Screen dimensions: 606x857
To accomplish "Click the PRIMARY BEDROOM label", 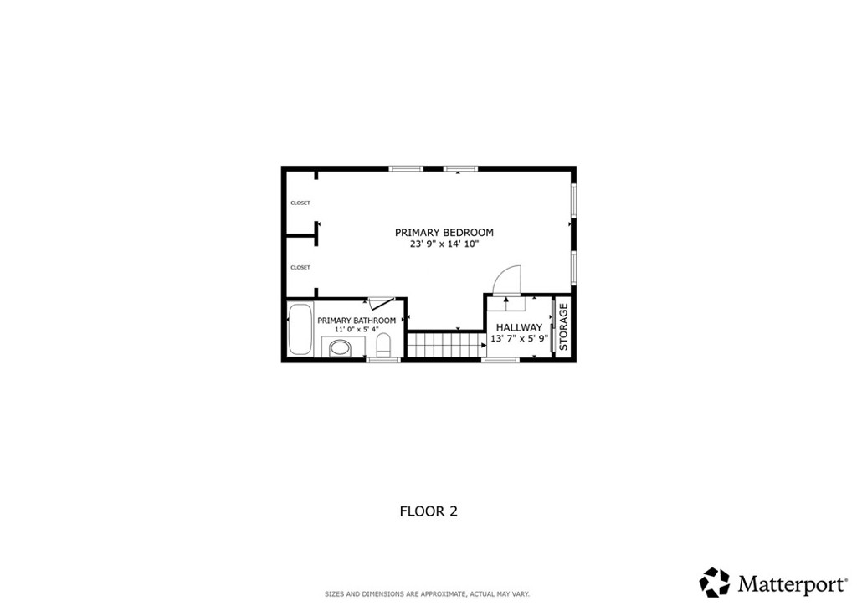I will click(x=444, y=233).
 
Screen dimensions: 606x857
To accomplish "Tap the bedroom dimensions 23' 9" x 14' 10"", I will click(x=444, y=244).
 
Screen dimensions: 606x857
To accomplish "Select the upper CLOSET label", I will click(x=300, y=203).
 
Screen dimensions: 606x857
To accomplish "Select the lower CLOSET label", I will click(x=300, y=268).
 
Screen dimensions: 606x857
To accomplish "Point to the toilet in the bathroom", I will click(x=384, y=344).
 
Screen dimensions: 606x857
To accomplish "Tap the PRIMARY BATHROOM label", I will click(x=357, y=321).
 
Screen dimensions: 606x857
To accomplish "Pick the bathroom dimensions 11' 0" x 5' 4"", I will click(x=357, y=330).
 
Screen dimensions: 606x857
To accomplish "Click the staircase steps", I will click(x=445, y=343).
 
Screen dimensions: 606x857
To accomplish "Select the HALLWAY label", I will click(x=519, y=327).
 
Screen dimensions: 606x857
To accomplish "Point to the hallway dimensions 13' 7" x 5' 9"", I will click(x=519, y=339).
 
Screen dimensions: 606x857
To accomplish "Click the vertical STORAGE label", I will click(x=563, y=326).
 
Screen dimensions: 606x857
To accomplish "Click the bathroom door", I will click(x=382, y=303).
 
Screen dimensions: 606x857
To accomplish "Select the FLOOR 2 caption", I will click(x=428, y=511).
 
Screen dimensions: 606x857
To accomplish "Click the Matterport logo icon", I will click(x=715, y=582).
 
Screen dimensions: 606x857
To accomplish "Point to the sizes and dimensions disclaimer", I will click(x=427, y=594).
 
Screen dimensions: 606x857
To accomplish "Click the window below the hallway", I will click(x=500, y=360).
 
